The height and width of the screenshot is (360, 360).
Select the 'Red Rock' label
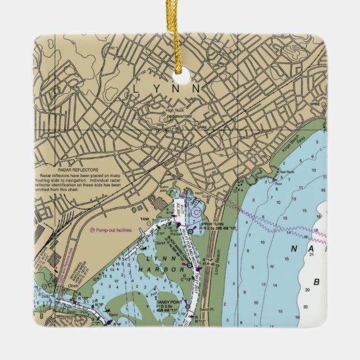pos(286,172)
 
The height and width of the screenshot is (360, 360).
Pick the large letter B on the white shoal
pos(317,282)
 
